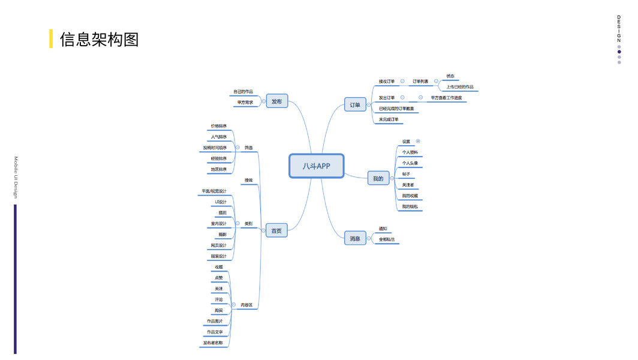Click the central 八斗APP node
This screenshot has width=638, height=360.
(316, 166)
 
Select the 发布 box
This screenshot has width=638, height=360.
(276, 102)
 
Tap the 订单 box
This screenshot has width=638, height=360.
(355, 105)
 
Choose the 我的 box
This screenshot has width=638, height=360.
(378, 178)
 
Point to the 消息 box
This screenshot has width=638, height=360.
(355, 238)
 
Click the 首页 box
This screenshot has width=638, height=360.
(276, 230)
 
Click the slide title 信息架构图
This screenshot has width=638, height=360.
(99, 39)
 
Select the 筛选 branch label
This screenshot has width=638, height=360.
(248, 148)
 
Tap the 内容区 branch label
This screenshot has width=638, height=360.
(246, 305)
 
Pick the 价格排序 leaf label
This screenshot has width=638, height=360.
(219, 126)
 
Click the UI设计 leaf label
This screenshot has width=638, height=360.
(221, 202)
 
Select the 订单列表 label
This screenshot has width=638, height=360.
(420, 81)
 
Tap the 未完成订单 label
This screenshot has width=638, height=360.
(389, 119)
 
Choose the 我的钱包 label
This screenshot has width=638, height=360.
(410, 206)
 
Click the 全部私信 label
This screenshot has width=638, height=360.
(387, 239)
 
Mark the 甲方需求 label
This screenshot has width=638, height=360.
(245, 103)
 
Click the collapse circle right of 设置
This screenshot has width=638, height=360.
(418, 141)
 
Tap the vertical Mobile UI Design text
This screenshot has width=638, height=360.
(16, 178)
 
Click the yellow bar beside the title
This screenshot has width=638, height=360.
(51, 39)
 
